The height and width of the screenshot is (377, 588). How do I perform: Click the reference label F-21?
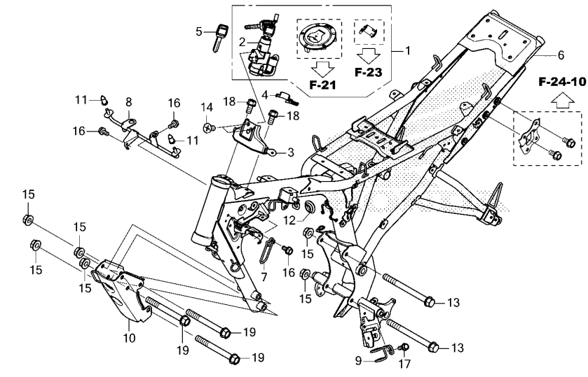(322, 85)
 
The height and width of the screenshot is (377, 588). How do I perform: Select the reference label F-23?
(368, 72)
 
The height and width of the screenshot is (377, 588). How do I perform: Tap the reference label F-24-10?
(562, 82)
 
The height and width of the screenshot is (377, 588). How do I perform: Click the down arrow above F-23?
(368, 56)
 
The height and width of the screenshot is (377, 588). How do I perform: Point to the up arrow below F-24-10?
(562, 101)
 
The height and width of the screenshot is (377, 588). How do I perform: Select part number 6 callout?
(561, 55)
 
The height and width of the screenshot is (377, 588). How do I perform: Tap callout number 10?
(130, 338)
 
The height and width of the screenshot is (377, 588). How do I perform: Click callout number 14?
(207, 108)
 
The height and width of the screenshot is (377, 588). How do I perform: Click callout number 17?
(404, 363)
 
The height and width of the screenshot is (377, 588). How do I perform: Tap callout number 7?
(264, 278)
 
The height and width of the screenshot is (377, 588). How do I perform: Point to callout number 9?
(359, 360)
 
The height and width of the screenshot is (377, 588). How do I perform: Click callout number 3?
(291, 152)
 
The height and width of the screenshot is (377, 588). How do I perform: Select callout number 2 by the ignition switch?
(242, 42)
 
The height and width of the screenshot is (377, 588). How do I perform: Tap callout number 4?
(265, 95)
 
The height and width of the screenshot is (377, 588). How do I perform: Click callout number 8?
(129, 102)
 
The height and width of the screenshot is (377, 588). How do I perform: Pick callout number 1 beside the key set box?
(407, 50)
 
